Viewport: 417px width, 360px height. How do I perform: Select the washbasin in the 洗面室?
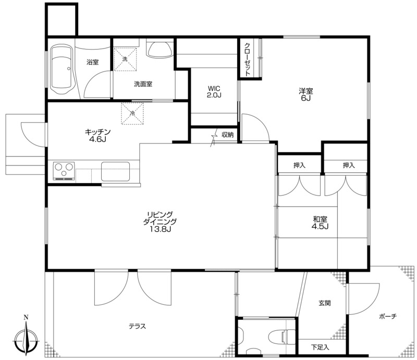pyautogui.click(x=160, y=49)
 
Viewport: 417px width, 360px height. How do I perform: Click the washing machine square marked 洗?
pyautogui.click(x=125, y=59)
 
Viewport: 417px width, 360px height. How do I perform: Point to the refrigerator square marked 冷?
pyautogui.click(x=132, y=113)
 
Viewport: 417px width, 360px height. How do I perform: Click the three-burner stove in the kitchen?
pyautogui.click(x=64, y=171)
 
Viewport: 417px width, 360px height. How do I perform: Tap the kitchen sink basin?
pyautogui.click(x=115, y=172)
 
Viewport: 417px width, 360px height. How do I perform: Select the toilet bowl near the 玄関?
pyautogui.click(x=281, y=337)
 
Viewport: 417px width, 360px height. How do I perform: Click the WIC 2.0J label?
pyautogui.click(x=214, y=92)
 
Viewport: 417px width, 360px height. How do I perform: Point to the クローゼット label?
pyautogui.click(x=247, y=59)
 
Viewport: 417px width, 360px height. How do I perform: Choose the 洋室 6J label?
pyautogui.click(x=306, y=94)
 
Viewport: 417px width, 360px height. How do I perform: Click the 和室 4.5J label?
pyautogui.click(x=320, y=223)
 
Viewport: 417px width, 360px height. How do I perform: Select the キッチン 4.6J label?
pyautogui.click(x=97, y=135)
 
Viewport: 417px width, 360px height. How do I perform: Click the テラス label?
pyautogui.click(x=138, y=326)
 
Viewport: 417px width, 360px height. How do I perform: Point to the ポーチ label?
pyautogui.click(x=388, y=316)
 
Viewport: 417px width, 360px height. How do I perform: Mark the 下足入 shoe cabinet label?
pyautogui.click(x=320, y=347)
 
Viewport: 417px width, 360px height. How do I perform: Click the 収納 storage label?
pyautogui.click(x=228, y=135)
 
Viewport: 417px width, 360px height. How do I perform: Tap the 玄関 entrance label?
pyautogui.click(x=324, y=303)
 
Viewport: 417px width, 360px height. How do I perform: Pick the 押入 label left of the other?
pyautogui.click(x=299, y=165)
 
